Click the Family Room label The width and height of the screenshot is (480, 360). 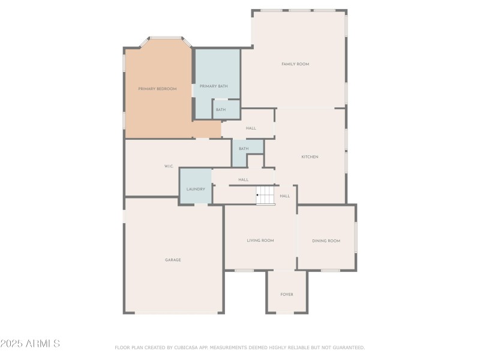(x=295, y=64)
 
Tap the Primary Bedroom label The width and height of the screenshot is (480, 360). (x=157, y=89)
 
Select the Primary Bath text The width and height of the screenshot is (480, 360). (x=214, y=86)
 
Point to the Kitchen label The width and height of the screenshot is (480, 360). (x=310, y=157)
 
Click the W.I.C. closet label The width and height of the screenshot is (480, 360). (x=169, y=166)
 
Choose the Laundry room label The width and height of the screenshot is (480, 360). (x=196, y=189)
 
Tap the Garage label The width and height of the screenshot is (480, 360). (x=173, y=260)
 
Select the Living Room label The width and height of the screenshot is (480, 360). (x=260, y=241)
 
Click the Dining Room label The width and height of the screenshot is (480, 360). (x=326, y=241)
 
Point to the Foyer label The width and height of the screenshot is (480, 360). (x=287, y=295)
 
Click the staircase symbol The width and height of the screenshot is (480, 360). (x=266, y=195)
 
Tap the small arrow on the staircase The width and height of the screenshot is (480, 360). (x=258, y=195)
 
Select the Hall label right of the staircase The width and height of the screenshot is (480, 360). (x=285, y=196)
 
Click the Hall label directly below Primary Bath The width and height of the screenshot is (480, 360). (x=251, y=128)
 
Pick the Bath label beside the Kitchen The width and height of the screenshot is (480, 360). (x=244, y=149)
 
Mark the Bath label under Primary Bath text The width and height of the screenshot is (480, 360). (x=221, y=110)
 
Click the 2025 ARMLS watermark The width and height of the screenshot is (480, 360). (x=30, y=344)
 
